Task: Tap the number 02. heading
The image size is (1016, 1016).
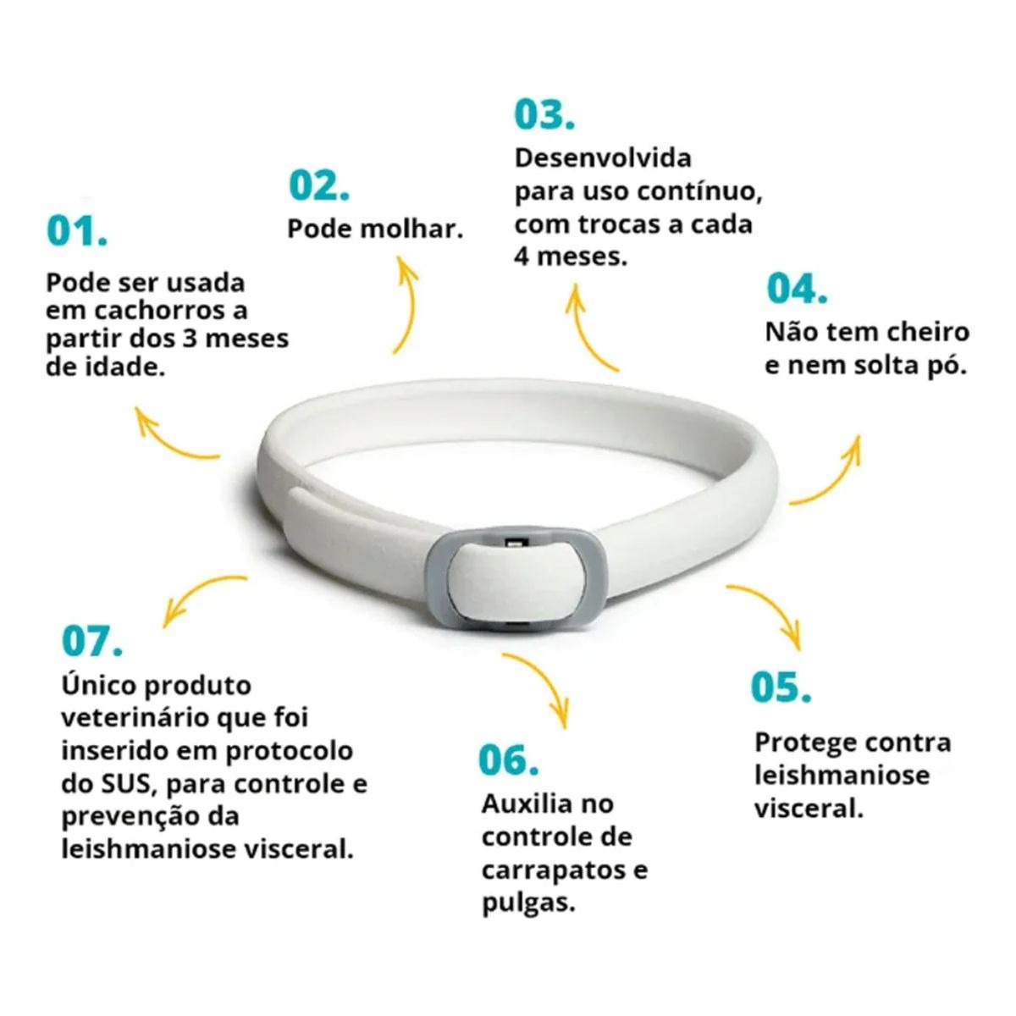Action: click(319, 185)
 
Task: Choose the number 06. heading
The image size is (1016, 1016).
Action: click(508, 760)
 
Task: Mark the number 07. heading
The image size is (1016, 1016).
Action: click(92, 641)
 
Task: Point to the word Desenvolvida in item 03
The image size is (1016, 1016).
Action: click(603, 158)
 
